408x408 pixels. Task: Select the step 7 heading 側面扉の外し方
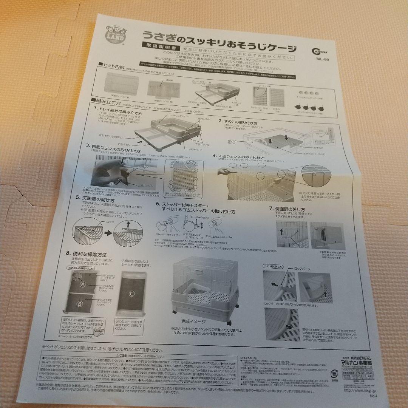click(x=287, y=209)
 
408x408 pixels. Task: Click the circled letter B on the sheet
click(x=79, y=303)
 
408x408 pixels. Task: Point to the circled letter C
click(x=132, y=294)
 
